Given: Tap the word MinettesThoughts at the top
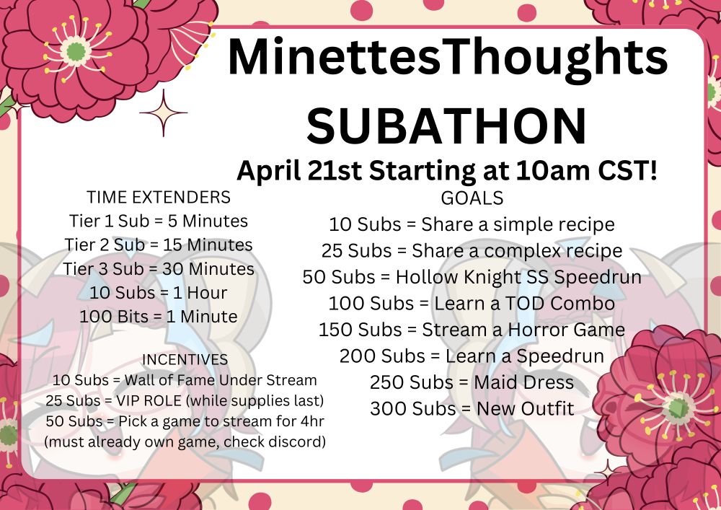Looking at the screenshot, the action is [448, 58].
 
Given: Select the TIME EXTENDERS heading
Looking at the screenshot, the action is [159, 197].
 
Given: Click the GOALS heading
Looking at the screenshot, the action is [472, 198].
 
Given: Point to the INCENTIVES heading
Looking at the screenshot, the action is [185, 359].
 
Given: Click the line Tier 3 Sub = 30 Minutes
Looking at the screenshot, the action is [159, 269].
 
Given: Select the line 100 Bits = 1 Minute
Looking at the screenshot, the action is [159, 317].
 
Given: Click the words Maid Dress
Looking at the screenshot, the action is [523, 382].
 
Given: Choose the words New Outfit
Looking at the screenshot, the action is [525, 409].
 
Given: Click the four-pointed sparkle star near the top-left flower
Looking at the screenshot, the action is [163, 113].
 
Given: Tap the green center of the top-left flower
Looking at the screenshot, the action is [76, 50].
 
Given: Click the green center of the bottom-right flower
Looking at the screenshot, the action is [678, 408].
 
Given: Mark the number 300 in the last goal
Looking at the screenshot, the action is [389, 409].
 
